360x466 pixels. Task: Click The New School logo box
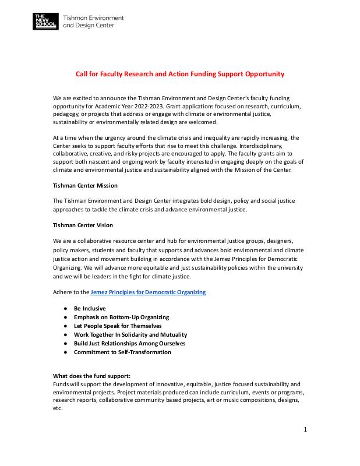click(45, 22)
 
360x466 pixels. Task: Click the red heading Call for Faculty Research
click(180, 74)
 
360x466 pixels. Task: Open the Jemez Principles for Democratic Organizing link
click(148, 292)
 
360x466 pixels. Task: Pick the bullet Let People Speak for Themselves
click(118, 326)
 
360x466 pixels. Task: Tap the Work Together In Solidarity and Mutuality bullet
click(130, 334)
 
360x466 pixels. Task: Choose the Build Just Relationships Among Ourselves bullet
click(129, 343)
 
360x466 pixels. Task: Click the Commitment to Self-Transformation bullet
click(122, 352)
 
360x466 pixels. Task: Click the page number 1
click(305, 430)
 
